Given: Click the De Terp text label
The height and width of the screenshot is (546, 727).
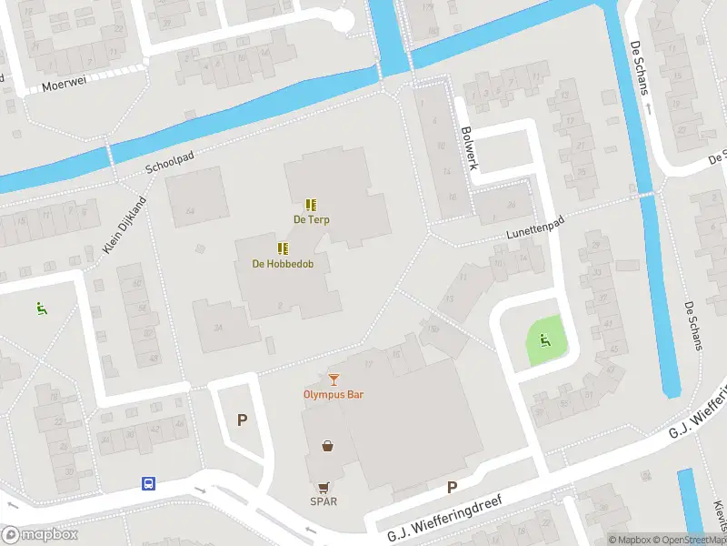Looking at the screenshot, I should click(311, 220).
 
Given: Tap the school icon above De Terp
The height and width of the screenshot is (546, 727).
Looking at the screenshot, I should click(311, 205).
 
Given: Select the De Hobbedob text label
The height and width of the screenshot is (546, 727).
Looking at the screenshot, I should click(283, 265).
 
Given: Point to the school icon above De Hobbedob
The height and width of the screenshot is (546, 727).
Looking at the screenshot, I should click(283, 248).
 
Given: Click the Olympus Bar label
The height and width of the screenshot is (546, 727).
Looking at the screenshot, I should click(334, 394).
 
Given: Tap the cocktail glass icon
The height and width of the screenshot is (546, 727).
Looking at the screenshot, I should click(334, 379).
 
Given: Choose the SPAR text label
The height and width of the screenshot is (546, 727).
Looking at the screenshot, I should click(324, 501).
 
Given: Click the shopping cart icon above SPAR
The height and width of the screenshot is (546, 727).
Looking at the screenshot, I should click(324, 487).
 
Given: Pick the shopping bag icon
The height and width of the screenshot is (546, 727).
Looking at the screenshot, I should click(327, 446).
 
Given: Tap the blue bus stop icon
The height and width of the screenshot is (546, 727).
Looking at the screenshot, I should click(148, 483).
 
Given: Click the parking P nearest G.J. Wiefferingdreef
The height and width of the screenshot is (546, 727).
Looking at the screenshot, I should click(452, 487).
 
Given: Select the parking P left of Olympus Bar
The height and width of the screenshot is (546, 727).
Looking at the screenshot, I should click(242, 420).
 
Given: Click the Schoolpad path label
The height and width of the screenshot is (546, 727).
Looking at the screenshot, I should click(169, 163).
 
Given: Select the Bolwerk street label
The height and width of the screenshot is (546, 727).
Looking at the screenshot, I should click(468, 147).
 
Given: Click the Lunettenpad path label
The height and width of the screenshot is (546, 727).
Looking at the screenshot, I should click(532, 232).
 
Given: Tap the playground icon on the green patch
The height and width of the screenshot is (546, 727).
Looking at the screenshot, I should click(545, 340).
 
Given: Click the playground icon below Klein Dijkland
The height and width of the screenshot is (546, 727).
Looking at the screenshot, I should click(41, 308).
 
